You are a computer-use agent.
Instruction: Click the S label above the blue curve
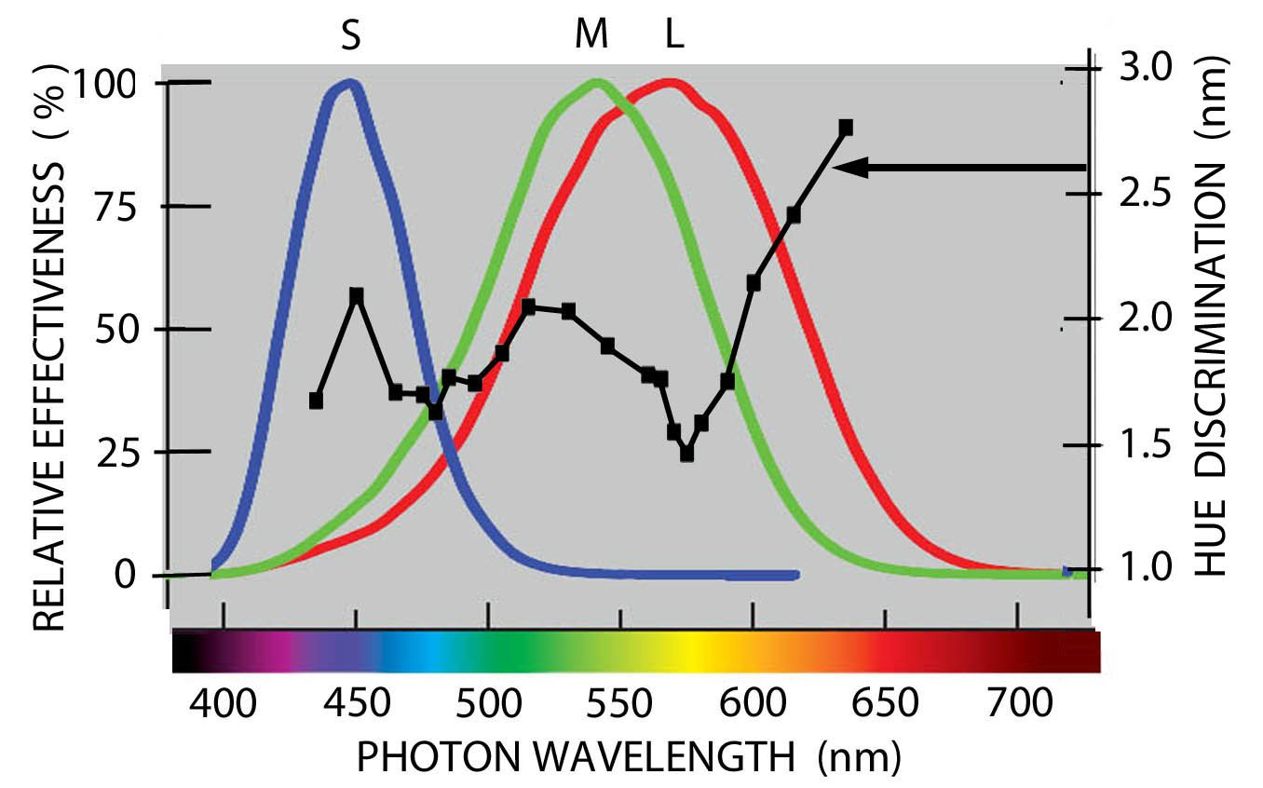[351, 36]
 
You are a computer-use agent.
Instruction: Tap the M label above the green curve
[591, 36]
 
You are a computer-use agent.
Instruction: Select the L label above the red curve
[673, 36]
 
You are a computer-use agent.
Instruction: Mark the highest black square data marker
[846, 128]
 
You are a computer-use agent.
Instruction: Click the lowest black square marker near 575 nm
[687, 454]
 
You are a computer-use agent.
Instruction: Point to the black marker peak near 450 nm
[356, 295]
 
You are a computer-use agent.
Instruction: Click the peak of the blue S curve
[350, 85]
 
